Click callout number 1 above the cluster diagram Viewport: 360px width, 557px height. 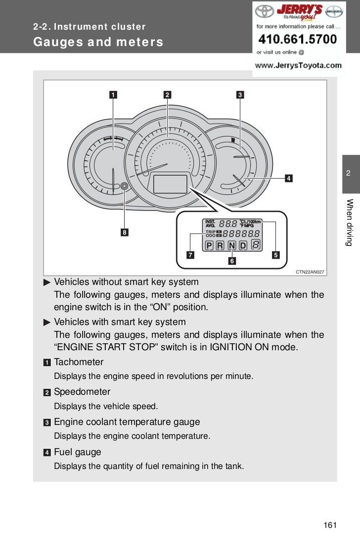coord(114,94)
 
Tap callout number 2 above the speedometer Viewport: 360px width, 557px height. coord(168,94)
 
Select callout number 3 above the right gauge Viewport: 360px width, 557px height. coord(239,94)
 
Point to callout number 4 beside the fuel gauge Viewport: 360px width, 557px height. coord(288,178)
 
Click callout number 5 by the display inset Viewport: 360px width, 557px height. coord(275,255)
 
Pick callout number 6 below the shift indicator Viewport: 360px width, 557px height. coord(231,260)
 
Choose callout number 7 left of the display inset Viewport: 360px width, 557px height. coord(190,255)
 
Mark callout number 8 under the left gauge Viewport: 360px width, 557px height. coord(125,232)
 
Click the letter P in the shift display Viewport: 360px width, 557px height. coord(209,245)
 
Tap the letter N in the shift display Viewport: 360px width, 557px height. coord(231,245)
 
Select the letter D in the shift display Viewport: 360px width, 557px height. coord(243,245)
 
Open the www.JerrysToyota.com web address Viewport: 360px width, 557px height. coord(298,65)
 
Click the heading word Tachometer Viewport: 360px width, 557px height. coord(79,362)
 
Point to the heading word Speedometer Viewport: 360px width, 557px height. coord(82,392)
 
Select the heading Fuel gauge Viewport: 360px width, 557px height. coord(77,452)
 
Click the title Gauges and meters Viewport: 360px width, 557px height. coord(98,42)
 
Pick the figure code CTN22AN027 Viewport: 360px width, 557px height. coord(310,272)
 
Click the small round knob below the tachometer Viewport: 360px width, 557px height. coord(124,186)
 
